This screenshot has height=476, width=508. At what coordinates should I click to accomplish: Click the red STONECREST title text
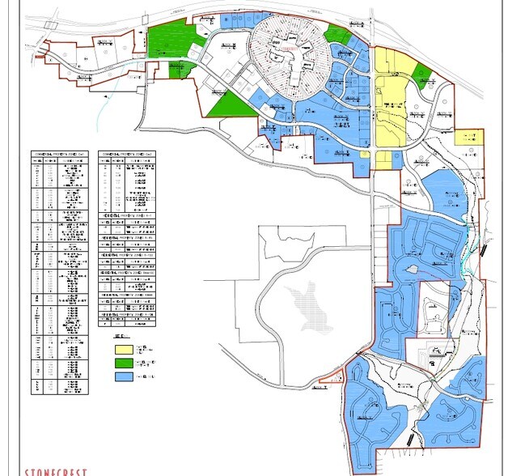coord(53,470)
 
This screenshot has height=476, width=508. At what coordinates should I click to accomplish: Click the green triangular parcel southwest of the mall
coord(229,104)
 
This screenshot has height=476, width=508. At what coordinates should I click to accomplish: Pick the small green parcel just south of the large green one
coord(181,70)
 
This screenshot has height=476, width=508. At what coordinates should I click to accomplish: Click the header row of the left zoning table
coord(61,153)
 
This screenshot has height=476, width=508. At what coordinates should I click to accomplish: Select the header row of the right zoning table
coord(129,153)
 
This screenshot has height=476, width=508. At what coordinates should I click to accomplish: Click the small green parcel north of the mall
coord(337,33)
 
